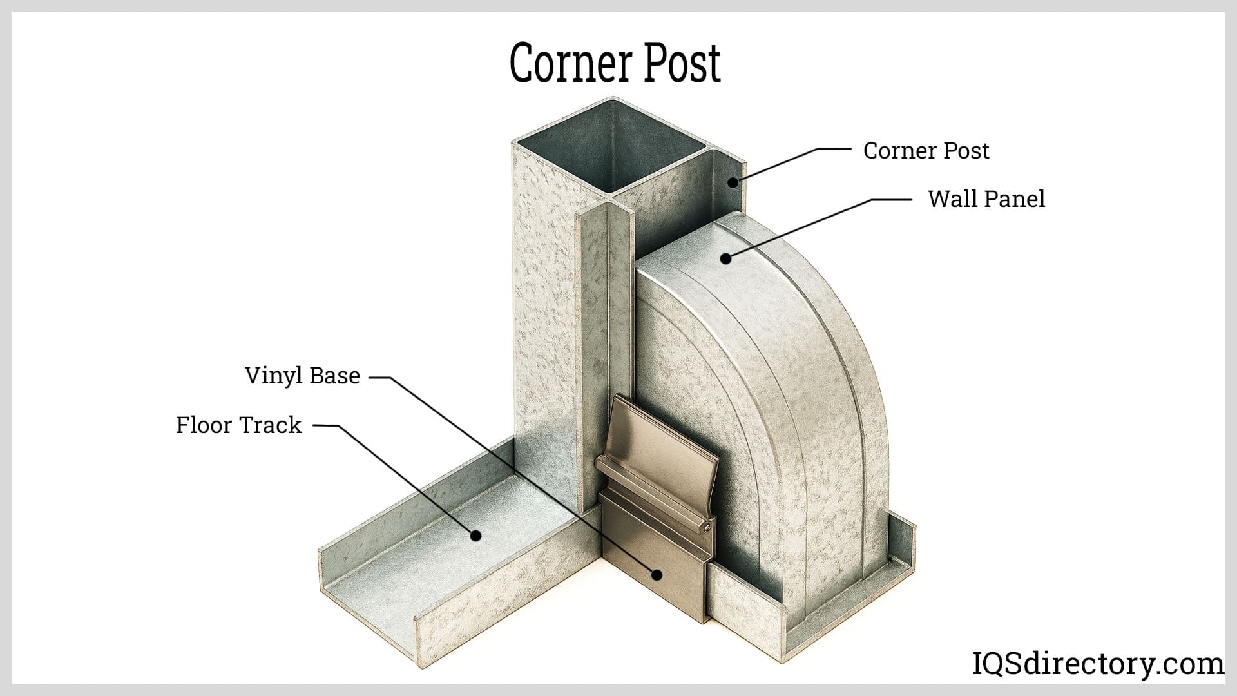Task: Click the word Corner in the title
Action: tap(559, 63)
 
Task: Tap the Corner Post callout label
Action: tap(926, 151)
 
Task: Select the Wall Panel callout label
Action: tap(986, 199)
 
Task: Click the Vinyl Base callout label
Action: tap(302, 376)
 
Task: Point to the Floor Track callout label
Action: tap(238, 425)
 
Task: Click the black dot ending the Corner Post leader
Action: tap(733, 182)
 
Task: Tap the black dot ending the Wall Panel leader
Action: tap(725, 258)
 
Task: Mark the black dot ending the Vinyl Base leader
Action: tap(657, 574)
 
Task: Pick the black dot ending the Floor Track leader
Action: tap(475, 535)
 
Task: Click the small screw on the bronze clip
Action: tap(707, 528)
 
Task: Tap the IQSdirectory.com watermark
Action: tap(1097, 664)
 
